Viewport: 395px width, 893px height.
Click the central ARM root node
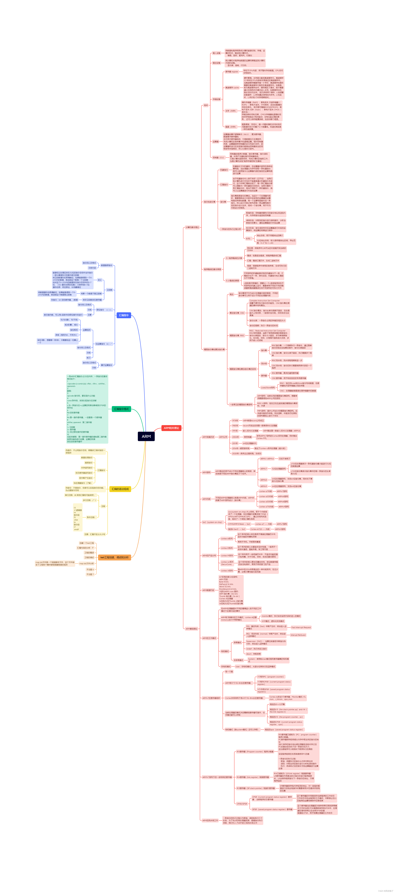[x=146, y=436]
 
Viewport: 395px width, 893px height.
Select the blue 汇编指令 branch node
[x=124, y=315]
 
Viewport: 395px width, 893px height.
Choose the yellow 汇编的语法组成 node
[x=120, y=489]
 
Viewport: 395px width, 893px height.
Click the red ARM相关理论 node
[x=171, y=428]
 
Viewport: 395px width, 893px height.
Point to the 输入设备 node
[x=216, y=53]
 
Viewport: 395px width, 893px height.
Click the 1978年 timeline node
[x=235, y=420]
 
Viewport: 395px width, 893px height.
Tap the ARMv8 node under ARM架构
[x=264, y=480]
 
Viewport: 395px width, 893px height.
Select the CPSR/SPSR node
[x=242, y=804]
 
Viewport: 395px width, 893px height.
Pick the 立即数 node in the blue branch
[x=109, y=290]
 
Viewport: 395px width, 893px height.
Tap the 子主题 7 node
[x=90, y=574]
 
